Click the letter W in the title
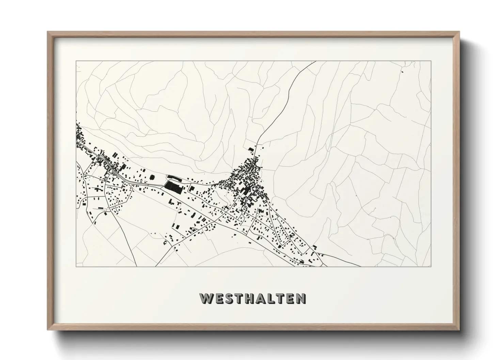pos(207,298)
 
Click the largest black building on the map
pos(173,187)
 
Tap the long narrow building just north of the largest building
pos(173,177)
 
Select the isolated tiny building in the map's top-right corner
pos(402,72)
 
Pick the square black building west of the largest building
pos(152,177)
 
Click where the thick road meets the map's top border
pos(315,61)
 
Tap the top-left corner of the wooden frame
pos(48,32)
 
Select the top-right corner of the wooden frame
pos(459,32)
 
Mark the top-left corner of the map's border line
pos(76,61)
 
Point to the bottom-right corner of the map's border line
pos(431,267)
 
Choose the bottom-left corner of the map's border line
pos(76,267)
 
